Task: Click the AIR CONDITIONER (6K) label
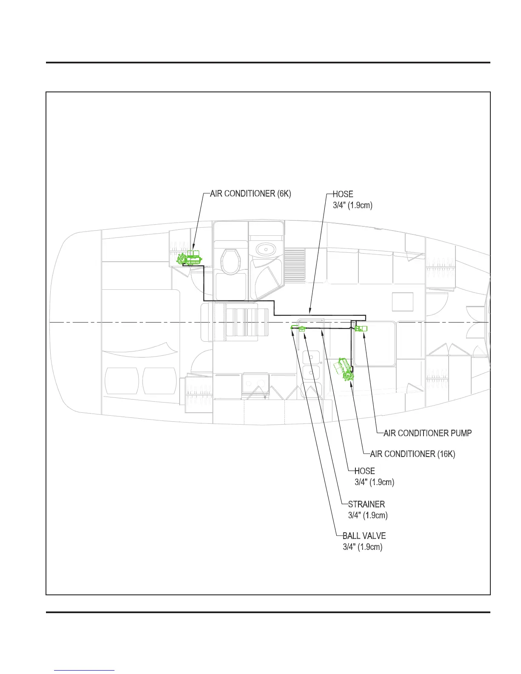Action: pos(251,194)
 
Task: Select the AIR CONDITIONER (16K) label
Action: pos(412,454)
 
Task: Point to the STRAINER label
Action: pos(366,504)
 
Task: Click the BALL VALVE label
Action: pos(364,536)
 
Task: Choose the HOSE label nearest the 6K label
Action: pos(343,194)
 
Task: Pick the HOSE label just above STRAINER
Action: pos(364,471)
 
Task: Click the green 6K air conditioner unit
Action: pos(189,257)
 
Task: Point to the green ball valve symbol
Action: pos(293,328)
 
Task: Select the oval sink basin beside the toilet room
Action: pos(266,248)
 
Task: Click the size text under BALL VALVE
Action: pos(362,547)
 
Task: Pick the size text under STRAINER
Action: pos(368,515)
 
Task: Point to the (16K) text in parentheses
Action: pos(446,454)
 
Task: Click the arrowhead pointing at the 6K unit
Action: pos(192,247)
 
